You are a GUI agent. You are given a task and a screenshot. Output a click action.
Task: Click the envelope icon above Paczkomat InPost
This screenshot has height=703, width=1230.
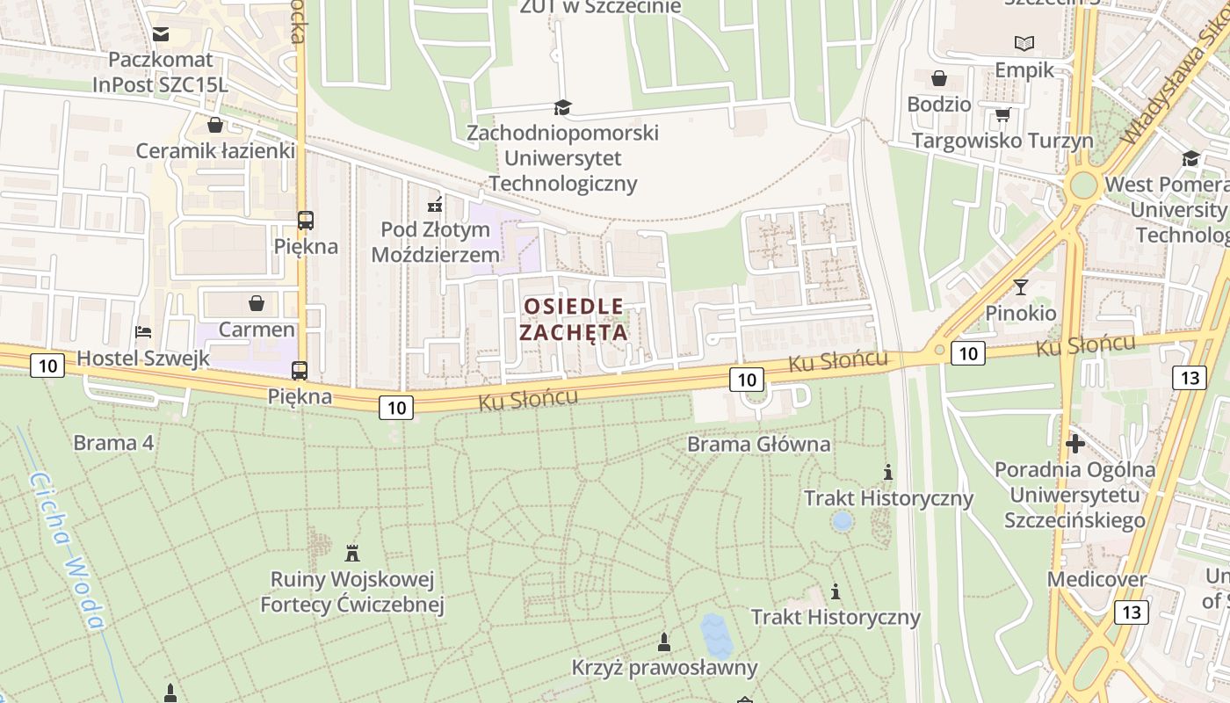pos(161,34)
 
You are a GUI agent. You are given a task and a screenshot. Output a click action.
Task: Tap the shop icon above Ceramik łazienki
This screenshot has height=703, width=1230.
pos(214,125)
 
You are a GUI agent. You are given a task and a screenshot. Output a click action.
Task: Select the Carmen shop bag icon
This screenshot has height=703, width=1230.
pos(257,303)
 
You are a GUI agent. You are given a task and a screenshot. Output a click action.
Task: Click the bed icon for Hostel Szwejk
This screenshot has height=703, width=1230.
pos(143,332)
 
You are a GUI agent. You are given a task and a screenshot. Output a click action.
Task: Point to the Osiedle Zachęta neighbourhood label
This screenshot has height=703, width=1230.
pos(574,319)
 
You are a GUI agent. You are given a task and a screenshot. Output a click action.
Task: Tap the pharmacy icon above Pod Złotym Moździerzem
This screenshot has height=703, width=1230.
pos(434,206)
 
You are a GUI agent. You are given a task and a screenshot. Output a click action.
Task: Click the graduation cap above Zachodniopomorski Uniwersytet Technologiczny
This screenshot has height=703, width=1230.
pos(562,107)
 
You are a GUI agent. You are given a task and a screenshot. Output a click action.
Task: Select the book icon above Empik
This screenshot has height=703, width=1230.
pos(1024,43)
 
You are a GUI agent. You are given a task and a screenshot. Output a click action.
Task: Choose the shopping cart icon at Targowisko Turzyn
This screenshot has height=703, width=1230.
pos(1002,115)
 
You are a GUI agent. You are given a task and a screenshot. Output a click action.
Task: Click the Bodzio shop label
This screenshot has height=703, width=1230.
pos(939,104)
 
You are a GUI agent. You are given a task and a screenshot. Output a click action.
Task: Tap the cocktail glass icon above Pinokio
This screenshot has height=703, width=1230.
pos(1020,286)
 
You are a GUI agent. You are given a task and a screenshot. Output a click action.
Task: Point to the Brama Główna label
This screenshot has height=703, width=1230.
pos(758,444)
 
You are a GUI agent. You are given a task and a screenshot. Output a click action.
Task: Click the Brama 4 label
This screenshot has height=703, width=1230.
pos(113,442)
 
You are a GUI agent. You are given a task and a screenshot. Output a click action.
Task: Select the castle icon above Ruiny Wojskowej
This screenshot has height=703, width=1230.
pos(352,554)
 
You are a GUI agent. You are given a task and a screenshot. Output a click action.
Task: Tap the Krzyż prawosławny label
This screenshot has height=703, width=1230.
pos(664,667)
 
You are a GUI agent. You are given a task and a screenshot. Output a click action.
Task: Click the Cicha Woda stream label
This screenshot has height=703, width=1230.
pos(67,550)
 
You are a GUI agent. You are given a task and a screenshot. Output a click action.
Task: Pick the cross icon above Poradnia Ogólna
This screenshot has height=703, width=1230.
pos(1074,443)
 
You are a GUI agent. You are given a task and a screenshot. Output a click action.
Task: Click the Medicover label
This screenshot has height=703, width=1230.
pos(1096,579)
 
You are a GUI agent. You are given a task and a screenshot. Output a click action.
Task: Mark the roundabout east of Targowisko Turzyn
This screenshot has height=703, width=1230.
pos(1083,185)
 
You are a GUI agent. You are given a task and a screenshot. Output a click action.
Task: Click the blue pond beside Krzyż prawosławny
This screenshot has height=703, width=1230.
pos(716,635)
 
